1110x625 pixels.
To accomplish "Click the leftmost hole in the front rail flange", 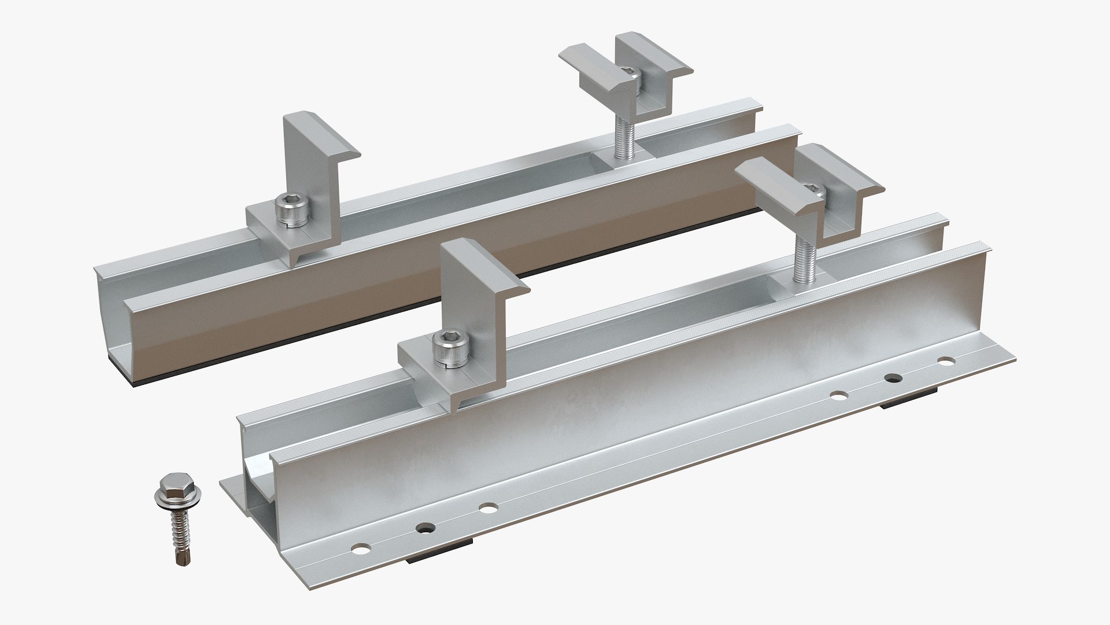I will pyautogui.click(x=362, y=547).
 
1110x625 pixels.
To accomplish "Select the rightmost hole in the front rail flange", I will pyautogui.click(x=946, y=362).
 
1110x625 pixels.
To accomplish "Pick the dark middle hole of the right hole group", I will pyautogui.click(x=893, y=378).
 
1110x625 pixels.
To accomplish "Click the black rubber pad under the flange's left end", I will pyautogui.click(x=439, y=557).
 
